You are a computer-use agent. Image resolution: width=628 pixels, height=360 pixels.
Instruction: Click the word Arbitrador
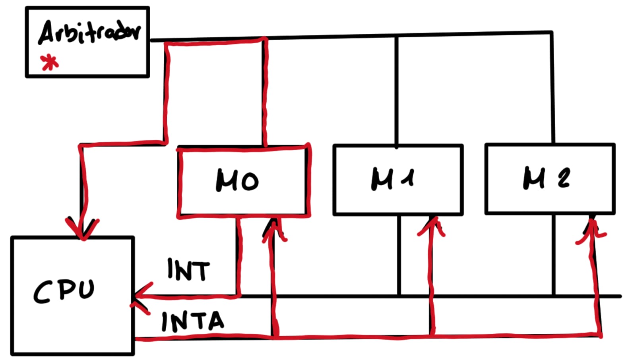point(89,32)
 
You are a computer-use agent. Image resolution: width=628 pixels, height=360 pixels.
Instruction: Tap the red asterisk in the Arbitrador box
point(49,63)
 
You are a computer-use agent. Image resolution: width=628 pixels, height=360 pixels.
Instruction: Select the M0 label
point(237,181)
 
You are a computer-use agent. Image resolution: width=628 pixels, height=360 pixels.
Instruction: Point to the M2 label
point(547,178)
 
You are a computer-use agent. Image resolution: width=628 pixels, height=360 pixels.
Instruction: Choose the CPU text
point(64,291)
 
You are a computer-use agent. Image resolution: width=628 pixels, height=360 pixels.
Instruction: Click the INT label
point(188,270)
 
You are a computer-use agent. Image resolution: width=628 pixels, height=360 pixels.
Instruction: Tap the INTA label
point(193,321)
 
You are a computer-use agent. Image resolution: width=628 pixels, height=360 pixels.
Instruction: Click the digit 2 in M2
point(564,178)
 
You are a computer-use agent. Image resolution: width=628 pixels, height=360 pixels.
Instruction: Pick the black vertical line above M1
point(397,91)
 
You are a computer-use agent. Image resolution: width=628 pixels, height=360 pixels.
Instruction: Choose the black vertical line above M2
point(552,87)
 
